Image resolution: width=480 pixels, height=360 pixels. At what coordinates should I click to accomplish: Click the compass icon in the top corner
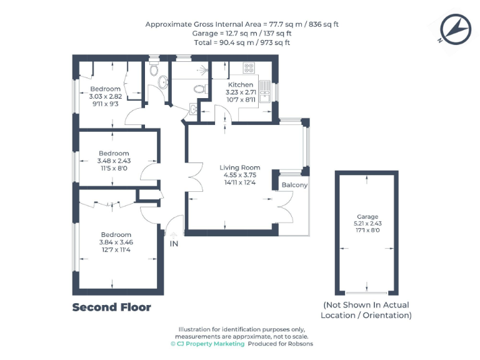tap(454, 29)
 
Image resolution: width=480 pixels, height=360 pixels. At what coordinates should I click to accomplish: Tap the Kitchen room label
tap(241, 85)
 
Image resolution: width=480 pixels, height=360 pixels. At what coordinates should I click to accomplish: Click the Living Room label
tap(239, 167)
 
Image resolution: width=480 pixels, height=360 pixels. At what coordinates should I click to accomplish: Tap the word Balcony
tap(294, 186)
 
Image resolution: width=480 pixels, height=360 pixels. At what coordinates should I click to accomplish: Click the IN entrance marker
tap(174, 244)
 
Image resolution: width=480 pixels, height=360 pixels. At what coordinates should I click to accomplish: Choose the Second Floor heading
tap(111, 307)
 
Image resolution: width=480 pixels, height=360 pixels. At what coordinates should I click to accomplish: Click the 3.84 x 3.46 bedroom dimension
tap(116, 242)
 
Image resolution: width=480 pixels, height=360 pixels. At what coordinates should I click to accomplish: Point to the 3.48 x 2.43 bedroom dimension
tap(114, 161)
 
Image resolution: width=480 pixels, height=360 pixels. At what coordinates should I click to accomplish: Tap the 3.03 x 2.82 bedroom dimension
tap(105, 96)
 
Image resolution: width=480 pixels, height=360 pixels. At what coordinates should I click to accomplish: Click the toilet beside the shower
tap(200, 89)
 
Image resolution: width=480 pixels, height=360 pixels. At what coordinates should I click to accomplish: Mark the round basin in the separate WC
tap(163, 81)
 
